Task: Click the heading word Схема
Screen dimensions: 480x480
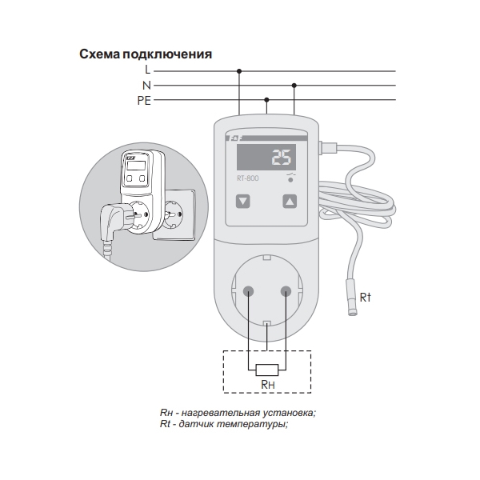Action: click(x=100, y=54)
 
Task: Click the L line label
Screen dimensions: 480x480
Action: click(x=147, y=70)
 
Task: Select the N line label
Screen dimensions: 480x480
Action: click(x=147, y=86)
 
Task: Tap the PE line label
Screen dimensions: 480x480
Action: click(x=144, y=101)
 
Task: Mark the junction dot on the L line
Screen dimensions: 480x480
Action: click(x=239, y=71)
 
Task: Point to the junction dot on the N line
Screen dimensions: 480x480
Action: click(x=294, y=86)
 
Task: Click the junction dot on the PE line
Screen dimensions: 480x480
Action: click(x=266, y=100)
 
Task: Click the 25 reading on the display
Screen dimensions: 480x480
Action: click(x=282, y=158)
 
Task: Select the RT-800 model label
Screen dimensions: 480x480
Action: click(x=248, y=178)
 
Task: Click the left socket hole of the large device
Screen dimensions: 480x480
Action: click(x=248, y=291)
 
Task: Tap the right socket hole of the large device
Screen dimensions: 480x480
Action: click(x=286, y=291)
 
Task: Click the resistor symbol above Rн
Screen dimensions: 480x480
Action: click(x=267, y=370)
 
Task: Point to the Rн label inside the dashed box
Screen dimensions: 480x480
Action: click(x=268, y=385)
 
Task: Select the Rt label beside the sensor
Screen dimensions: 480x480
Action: click(x=366, y=298)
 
